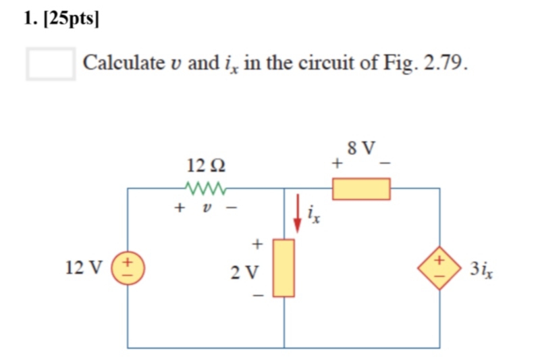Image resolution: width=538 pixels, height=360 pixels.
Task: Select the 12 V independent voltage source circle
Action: point(128,268)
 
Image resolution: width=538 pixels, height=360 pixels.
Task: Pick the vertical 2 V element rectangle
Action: point(284,267)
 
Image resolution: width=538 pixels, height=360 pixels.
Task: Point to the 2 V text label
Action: point(244,273)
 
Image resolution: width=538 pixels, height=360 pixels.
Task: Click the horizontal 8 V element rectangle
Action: point(361,188)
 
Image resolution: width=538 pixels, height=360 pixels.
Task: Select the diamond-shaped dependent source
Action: point(439,268)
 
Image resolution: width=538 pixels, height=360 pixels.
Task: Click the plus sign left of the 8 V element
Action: point(335,163)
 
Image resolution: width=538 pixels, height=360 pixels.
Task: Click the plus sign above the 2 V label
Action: point(257,243)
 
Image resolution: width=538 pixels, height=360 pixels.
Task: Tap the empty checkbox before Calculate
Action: point(51,63)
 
